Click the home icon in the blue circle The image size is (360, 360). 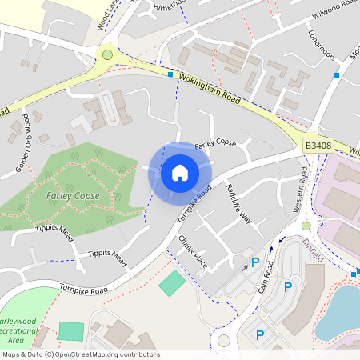(x=180, y=171)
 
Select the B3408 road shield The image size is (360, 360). (x=317, y=146)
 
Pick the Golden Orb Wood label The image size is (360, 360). (x=22, y=145)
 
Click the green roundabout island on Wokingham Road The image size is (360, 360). (x=106, y=55)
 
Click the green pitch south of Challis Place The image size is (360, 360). (x=171, y=282)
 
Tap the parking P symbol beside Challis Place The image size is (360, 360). (x=255, y=262)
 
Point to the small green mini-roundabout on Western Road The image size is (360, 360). (x=306, y=226)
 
